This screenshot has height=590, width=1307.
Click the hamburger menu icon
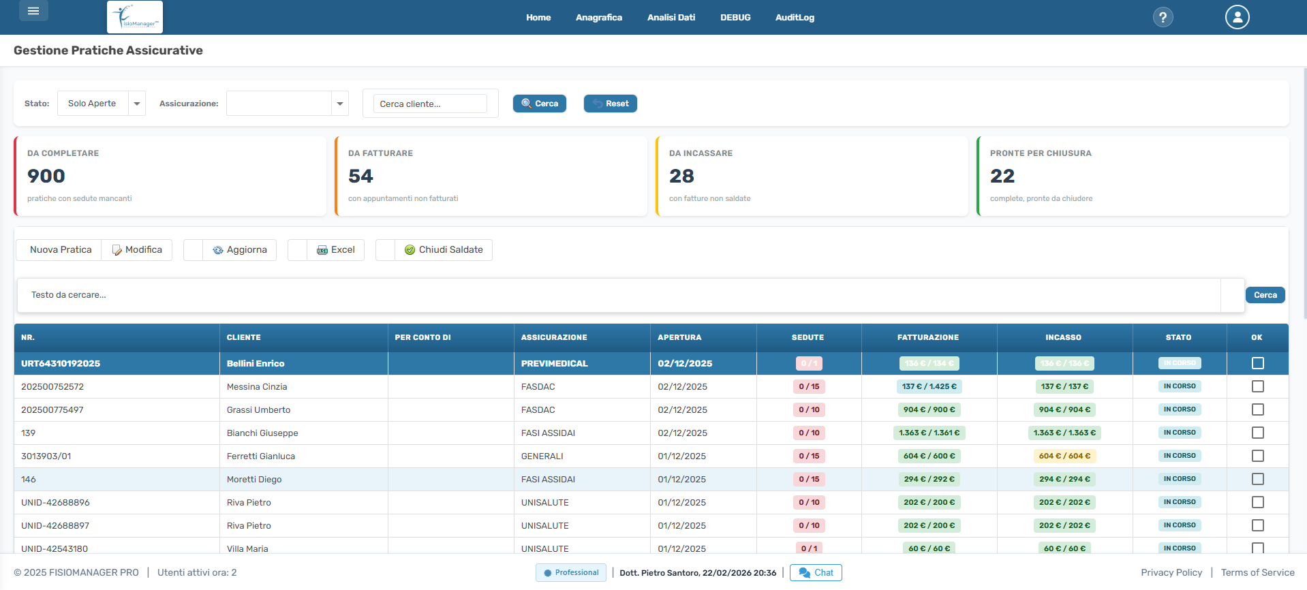33,11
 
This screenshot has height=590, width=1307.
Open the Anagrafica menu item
598,18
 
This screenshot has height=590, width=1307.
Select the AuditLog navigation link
795,18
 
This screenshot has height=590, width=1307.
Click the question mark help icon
1163,18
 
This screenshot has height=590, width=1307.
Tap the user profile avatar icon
1237,17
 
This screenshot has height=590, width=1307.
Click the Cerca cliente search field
430,104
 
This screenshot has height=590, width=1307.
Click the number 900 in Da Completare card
46,176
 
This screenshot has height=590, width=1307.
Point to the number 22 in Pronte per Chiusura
1002,176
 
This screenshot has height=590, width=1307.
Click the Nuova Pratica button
61,250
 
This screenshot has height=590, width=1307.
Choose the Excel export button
336,250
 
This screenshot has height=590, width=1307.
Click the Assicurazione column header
554,337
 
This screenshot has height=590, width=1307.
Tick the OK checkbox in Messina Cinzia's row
1257,386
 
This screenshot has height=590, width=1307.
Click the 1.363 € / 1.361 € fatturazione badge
929,433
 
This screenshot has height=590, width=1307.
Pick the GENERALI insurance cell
542,456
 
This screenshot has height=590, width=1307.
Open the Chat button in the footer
816,573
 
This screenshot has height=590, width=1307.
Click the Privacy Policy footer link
1171,573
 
